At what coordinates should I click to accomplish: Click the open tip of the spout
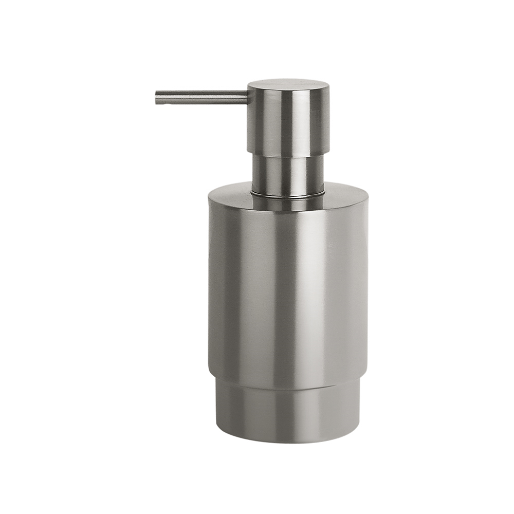pos(157,98)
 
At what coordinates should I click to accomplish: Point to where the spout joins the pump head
pos(247,97)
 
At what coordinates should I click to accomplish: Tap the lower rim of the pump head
pos(288,154)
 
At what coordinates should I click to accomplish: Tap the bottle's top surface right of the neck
pos(344,191)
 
